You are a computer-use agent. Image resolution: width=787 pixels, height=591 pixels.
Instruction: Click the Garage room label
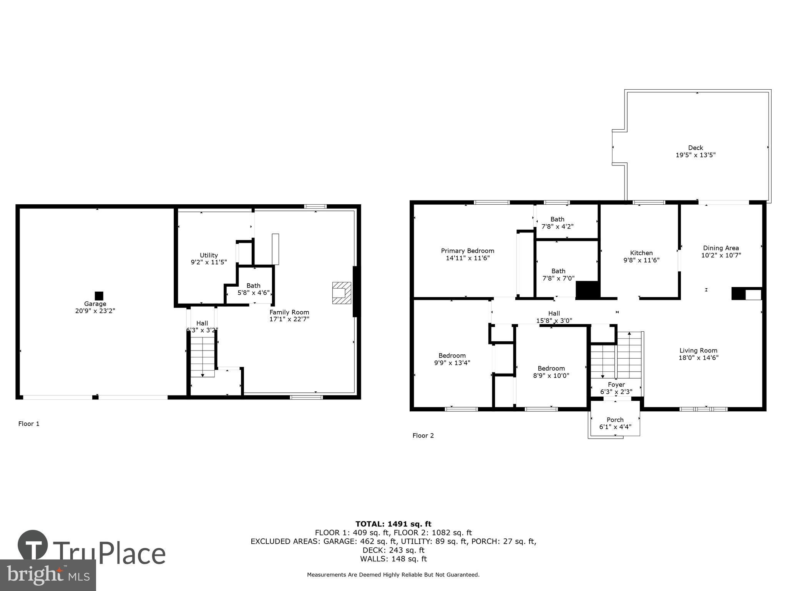[x=95, y=304]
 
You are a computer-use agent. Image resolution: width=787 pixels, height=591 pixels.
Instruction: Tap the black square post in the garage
[x=99, y=295]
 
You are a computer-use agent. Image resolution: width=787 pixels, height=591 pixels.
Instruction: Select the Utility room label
[x=209, y=255]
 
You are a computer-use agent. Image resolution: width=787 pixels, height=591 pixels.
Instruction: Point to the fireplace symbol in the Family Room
[x=342, y=293]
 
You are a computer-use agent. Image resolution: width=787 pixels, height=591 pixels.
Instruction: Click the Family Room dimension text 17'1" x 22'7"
[x=289, y=319]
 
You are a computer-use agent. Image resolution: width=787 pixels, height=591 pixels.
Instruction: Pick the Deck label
[x=696, y=148]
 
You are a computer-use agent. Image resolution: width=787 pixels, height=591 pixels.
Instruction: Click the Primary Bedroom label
[x=468, y=251]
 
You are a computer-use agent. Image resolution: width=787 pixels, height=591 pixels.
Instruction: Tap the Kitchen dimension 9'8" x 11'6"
[x=641, y=260]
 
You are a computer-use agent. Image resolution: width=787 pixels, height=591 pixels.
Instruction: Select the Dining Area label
[x=721, y=248]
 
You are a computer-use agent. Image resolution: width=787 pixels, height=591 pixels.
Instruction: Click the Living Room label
[x=698, y=351]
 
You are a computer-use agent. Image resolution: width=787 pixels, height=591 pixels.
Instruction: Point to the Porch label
[x=615, y=420]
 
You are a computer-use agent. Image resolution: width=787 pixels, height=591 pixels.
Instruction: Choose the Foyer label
[x=616, y=384]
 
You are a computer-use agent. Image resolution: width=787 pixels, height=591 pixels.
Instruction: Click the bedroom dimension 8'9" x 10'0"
[x=551, y=376]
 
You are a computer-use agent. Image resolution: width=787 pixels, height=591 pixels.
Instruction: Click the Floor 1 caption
[x=29, y=424]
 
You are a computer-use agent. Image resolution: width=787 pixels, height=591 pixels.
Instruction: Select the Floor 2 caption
[x=423, y=436]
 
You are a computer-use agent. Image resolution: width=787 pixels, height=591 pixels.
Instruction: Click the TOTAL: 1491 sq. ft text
[x=393, y=524]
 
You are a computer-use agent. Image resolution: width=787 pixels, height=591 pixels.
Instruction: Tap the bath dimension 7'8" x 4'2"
[x=557, y=227]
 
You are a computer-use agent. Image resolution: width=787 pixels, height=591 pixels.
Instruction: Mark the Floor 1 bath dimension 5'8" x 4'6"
[x=253, y=292]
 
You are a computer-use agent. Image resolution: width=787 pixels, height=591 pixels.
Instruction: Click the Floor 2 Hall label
[x=554, y=313]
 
